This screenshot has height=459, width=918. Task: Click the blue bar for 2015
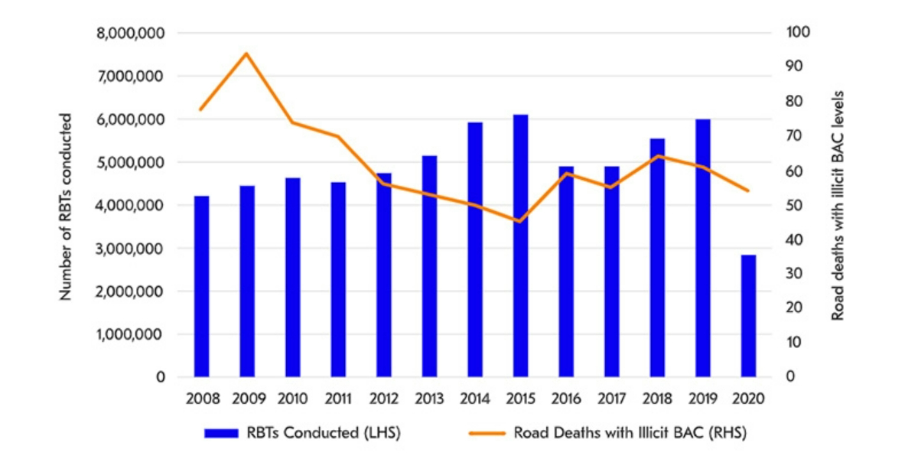(x=520, y=246)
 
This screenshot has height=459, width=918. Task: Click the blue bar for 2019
(x=702, y=248)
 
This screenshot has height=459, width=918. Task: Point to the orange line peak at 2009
(x=246, y=54)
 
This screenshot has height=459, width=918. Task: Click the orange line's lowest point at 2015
(x=520, y=222)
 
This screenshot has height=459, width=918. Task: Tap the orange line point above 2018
(x=656, y=156)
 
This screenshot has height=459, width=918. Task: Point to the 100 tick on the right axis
(x=789, y=33)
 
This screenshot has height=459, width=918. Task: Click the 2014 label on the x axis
(x=474, y=399)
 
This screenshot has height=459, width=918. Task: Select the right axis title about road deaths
(x=838, y=207)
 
